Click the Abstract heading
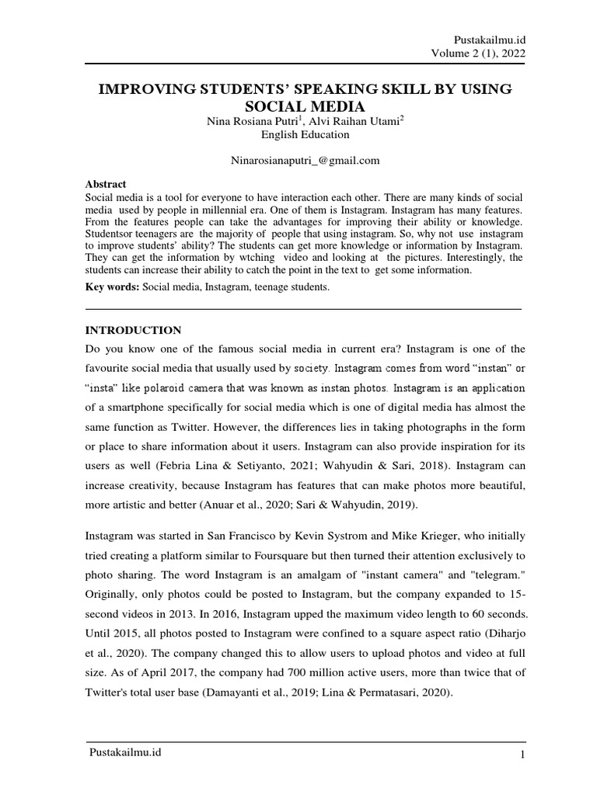pyautogui.click(x=105, y=184)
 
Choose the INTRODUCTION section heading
pyautogui.click(x=133, y=330)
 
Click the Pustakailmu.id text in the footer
pyautogui.click(x=126, y=752)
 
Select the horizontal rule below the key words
pyautogui.click(x=304, y=309)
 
